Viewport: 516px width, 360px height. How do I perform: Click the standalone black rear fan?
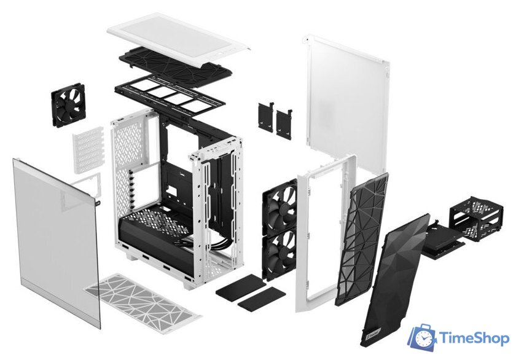point(72,106)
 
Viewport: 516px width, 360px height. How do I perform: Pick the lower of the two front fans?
point(279,248)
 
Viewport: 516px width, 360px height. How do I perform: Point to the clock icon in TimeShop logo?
point(423,336)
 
